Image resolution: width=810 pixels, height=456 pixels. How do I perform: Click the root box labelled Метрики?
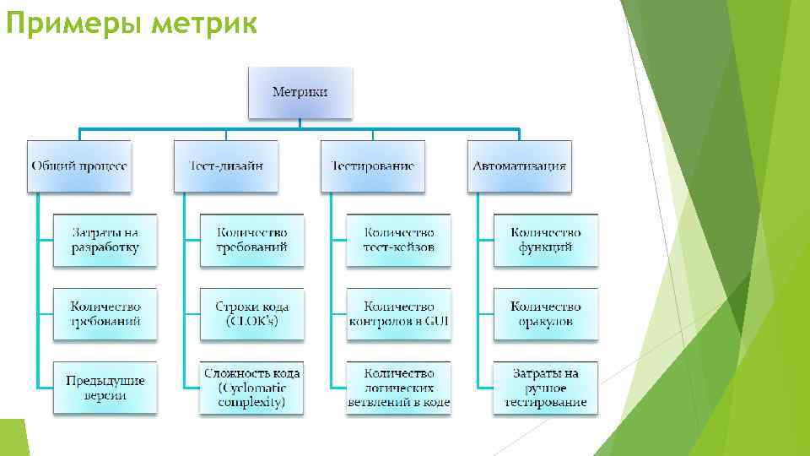tap(300, 91)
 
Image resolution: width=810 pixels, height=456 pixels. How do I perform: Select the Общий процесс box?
tap(79, 166)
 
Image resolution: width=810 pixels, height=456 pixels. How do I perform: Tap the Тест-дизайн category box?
tap(225, 166)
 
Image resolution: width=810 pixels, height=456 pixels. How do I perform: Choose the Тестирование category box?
tap(372, 166)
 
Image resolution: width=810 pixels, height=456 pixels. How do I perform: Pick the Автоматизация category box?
tap(519, 166)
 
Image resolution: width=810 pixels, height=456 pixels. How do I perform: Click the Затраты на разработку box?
tap(105, 240)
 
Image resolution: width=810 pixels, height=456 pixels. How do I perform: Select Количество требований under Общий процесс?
tap(105, 314)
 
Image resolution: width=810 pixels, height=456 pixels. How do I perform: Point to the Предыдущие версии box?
tap(105, 388)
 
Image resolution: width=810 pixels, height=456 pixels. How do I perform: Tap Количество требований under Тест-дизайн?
tap(251, 240)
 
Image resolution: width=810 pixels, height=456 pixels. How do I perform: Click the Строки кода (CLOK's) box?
tap(251, 314)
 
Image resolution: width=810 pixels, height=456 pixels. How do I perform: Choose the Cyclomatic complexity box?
tap(251, 388)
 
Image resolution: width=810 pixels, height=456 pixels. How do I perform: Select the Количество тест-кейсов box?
tap(398, 240)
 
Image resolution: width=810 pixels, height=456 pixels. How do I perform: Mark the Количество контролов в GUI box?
tap(398, 314)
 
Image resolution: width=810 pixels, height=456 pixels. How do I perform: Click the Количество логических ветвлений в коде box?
tap(398, 388)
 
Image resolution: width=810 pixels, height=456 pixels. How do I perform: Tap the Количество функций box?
tap(545, 240)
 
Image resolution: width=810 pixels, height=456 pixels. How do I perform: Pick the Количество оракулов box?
tap(545, 314)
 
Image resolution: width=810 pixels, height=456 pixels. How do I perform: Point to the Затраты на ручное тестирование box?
tap(545, 388)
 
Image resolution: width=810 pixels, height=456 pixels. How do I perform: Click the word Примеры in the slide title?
tap(73, 25)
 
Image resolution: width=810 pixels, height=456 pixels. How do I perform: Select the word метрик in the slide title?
tap(204, 25)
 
